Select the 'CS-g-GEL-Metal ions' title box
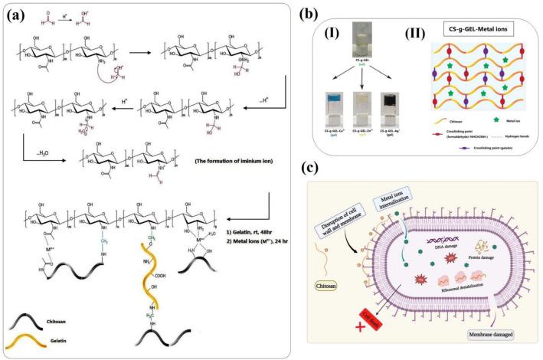[x=467, y=31]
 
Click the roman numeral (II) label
[x=411, y=34]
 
